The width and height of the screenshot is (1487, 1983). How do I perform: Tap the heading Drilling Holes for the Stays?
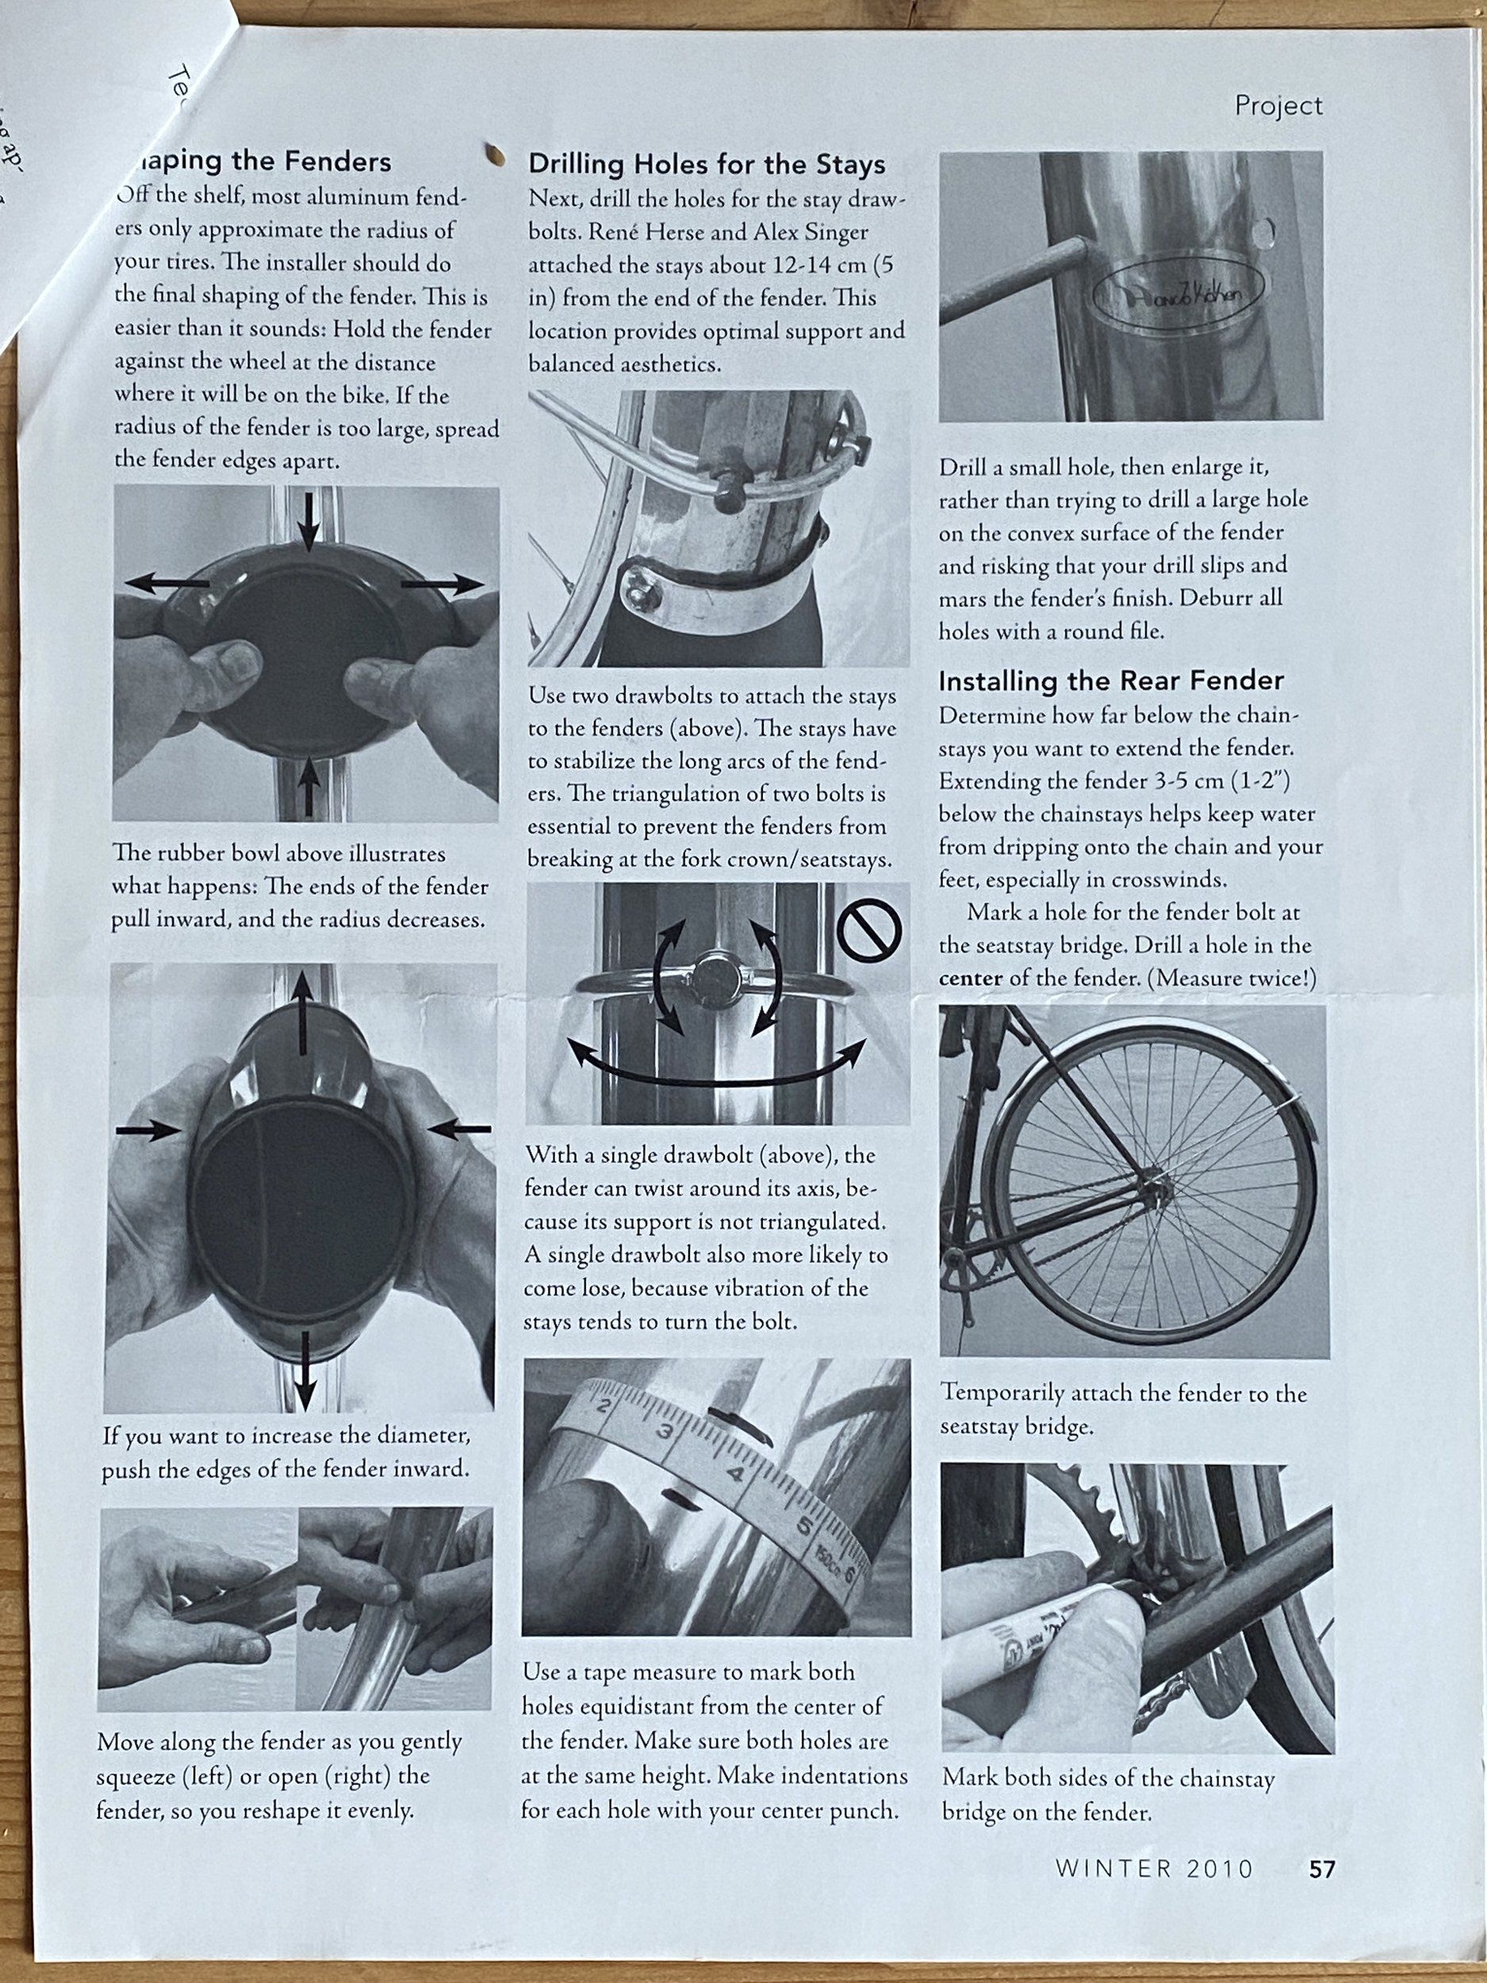[707, 164]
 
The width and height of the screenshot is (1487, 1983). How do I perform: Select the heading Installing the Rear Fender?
[1110, 681]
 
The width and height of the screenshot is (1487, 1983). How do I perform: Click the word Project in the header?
[1278, 105]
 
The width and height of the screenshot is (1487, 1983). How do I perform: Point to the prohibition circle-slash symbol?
[868, 932]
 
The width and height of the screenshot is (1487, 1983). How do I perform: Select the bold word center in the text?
[970, 978]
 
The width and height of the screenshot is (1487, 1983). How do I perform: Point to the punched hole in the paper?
[491, 155]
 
